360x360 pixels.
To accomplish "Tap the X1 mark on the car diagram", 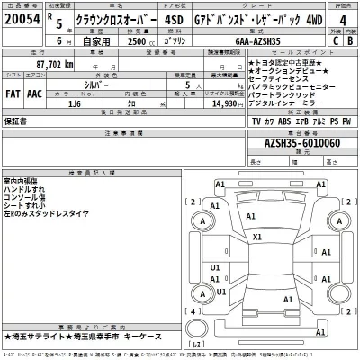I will click(x=257, y=238).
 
